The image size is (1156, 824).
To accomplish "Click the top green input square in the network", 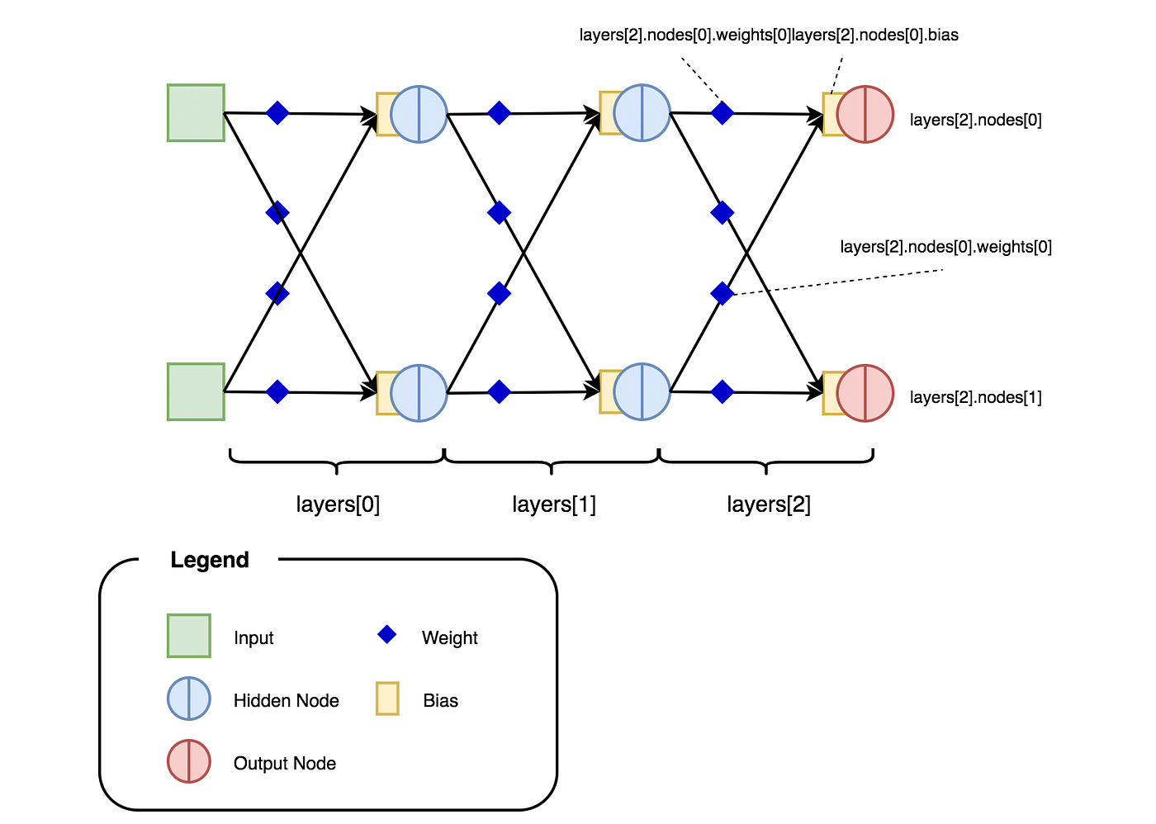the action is tap(197, 113).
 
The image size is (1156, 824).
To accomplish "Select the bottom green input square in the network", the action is tap(197, 392).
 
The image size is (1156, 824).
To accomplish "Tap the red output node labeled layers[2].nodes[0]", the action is tap(865, 114).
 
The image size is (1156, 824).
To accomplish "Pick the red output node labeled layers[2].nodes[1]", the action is tap(865, 393).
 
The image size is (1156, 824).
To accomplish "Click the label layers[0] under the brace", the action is tap(338, 504).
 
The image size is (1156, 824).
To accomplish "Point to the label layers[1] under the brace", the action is tap(554, 504).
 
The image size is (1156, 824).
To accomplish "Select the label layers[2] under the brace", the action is tap(769, 504).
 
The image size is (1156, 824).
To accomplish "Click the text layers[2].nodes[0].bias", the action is tap(875, 35).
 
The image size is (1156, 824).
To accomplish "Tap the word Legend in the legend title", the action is tap(210, 560).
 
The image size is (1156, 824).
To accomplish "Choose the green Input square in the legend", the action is tap(189, 636).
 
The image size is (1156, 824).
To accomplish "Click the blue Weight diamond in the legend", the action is tap(387, 635).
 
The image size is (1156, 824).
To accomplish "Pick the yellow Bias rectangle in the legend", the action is tap(387, 699).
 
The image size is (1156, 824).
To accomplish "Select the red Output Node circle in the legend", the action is tap(189, 761).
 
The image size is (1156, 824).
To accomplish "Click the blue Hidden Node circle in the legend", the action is tap(189, 699).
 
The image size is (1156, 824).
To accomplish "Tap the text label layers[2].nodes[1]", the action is tap(975, 397).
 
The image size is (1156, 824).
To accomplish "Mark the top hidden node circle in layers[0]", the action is tap(419, 114).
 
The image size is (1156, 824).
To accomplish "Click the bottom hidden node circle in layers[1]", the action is tap(642, 392).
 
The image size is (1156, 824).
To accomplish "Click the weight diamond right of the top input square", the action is tap(277, 113).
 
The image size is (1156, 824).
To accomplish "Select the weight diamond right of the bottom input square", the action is tap(277, 392).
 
